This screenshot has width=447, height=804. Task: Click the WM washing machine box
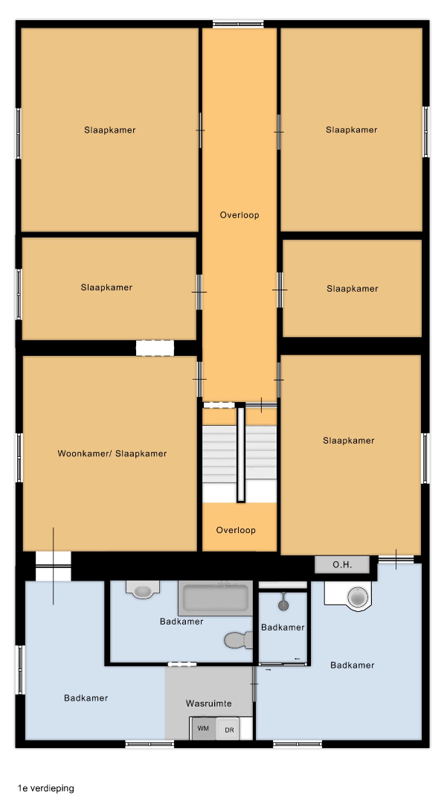click(203, 729)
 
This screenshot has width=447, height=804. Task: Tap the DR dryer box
click(228, 729)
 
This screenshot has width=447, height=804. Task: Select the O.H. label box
click(342, 565)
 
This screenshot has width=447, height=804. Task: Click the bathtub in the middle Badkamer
click(216, 598)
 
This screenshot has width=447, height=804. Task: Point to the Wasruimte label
click(208, 703)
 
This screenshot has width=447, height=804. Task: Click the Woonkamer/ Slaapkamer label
click(112, 453)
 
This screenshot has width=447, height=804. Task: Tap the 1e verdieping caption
click(45, 788)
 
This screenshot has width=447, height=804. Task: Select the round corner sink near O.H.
click(358, 597)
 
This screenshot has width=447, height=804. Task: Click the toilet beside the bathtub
click(239, 640)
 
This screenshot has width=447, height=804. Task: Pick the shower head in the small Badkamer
click(283, 603)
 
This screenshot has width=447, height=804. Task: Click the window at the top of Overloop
click(238, 23)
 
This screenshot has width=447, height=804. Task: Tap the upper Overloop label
click(239, 215)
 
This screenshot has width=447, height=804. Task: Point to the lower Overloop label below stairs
click(236, 530)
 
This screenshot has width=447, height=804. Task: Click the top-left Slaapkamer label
click(110, 130)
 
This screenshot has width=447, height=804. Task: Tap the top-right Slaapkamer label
click(352, 130)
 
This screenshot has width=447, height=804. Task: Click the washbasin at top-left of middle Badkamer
click(143, 590)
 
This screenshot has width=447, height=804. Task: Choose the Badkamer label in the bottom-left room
click(86, 698)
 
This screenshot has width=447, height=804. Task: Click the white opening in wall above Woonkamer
click(155, 348)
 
